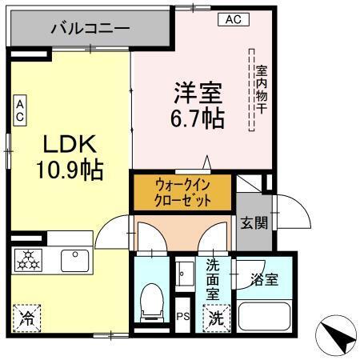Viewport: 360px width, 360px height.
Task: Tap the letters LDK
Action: click(x=69, y=145)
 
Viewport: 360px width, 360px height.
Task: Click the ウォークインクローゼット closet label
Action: click(x=183, y=193)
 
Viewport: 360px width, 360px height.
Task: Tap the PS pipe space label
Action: click(x=182, y=317)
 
